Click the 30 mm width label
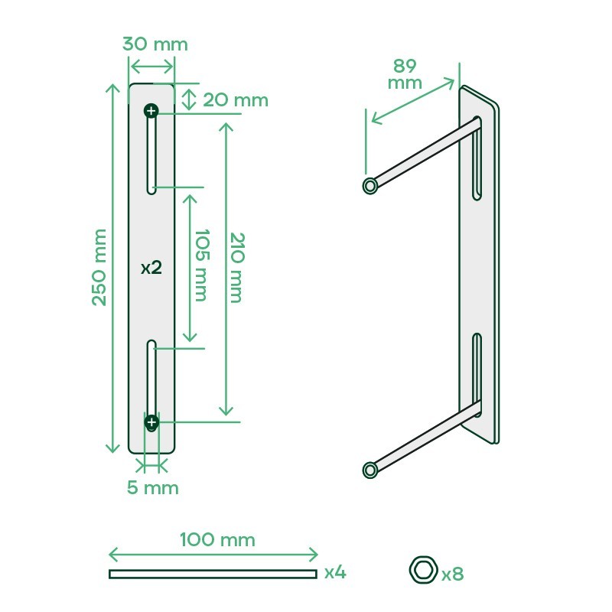(x=155, y=44)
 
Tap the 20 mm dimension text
(x=235, y=99)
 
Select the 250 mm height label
(x=99, y=267)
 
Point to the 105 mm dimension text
(x=200, y=265)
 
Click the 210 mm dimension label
(x=236, y=267)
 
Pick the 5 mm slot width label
(x=152, y=487)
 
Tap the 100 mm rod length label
(x=217, y=540)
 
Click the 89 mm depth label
(x=405, y=74)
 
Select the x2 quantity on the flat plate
(x=151, y=268)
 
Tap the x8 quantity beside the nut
(x=453, y=572)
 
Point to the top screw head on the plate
(x=151, y=112)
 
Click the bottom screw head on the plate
(x=151, y=422)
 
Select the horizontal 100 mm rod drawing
(x=212, y=574)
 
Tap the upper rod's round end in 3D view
(x=370, y=185)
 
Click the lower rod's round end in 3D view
(x=370, y=468)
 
